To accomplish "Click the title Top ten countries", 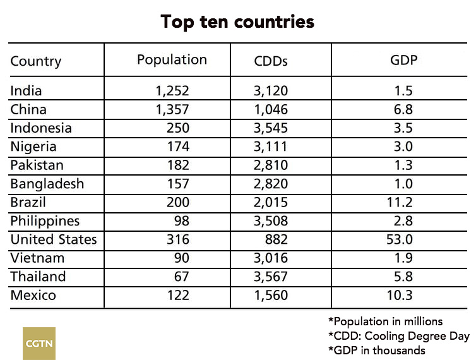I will [x=237, y=22].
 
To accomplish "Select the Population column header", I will [x=172, y=60].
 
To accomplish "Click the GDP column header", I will [x=404, y=61].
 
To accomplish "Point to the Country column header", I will [x=36, y=61].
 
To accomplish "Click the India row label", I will [x=26, y=91].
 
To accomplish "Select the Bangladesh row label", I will [x=47, y=184].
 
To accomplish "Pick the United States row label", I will [x=54, y=239].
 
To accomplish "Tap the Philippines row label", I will [x=45, y=221].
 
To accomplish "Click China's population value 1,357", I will [x=172, y=109].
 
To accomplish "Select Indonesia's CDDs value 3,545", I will [x=270, y=128].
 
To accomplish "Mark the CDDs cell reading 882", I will [x=275, y=239].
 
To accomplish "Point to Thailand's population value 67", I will [x=180, y=277].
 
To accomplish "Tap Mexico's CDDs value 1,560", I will [x=270, y=295].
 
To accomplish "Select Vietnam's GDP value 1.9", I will [x=403, y=258].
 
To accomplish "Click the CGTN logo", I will [x=39, y=343].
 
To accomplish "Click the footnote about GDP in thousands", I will [x=377, y=350].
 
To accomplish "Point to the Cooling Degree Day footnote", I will [x=398, y=335].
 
